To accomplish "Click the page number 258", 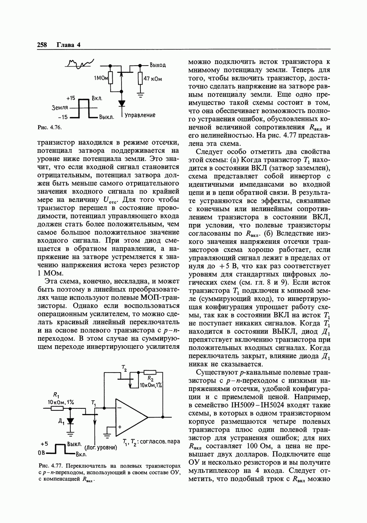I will [x=42, y=45].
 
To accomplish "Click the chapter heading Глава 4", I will [x=68, y=45].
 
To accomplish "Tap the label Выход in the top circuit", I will [x=158, y=65].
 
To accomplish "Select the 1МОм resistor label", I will [x=101, y=78].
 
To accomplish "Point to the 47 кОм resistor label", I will [x=153, y=79].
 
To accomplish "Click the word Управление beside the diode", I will [x=140, y=115].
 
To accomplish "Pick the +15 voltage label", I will [x=71, y=98].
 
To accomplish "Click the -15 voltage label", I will [x=63, y=117].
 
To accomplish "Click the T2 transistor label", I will [x=124, y=367].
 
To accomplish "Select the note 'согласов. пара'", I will [x=159, y=441].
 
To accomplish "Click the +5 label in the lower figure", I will [x=44, y=444].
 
